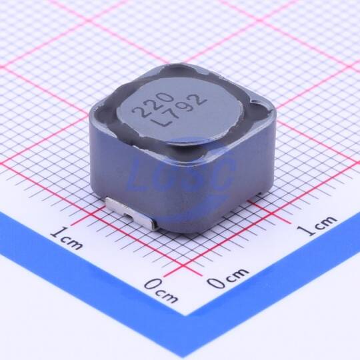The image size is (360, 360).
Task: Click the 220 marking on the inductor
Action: click(x=152, y=105)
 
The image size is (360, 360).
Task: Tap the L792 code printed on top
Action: click(x=181, y=110)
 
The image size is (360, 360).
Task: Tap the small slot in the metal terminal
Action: click(x=127, y=215)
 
